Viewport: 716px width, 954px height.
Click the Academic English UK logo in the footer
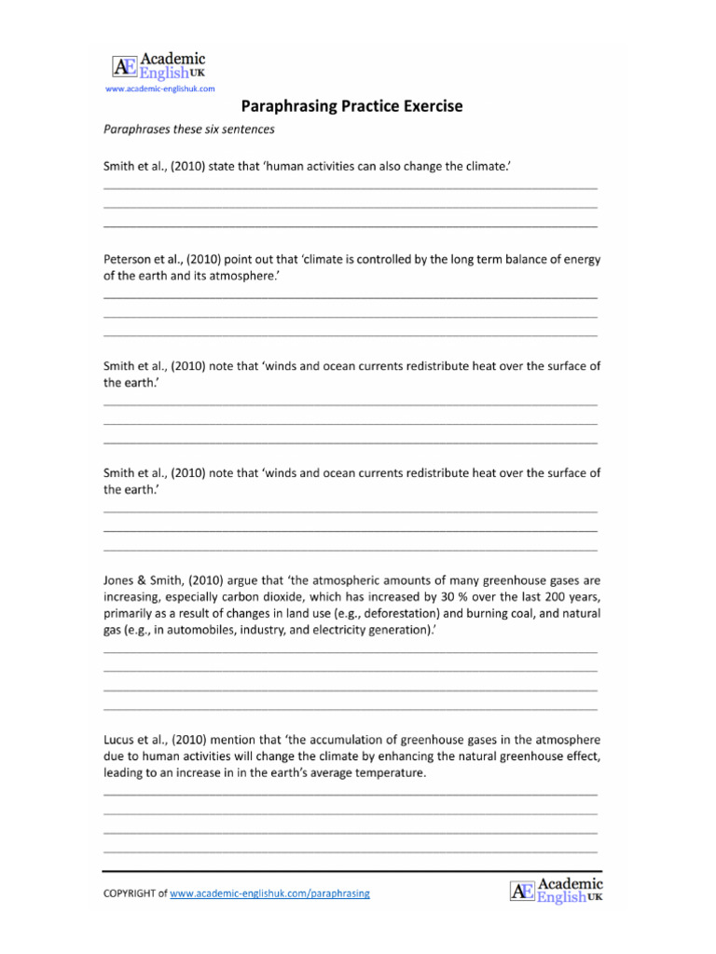[557, 890]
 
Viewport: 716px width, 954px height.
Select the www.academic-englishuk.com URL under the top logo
[160, 89]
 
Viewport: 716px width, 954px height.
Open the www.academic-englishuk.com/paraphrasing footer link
[270, 893]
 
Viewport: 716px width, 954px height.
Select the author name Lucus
[120, 739]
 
